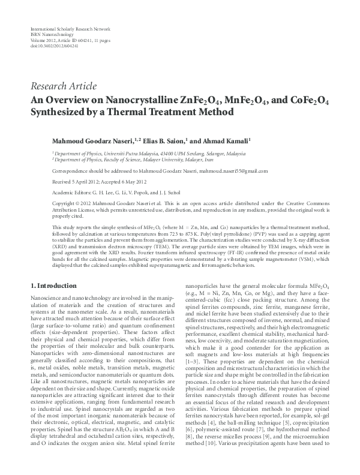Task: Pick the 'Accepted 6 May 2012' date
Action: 119,182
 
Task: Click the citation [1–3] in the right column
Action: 193,363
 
